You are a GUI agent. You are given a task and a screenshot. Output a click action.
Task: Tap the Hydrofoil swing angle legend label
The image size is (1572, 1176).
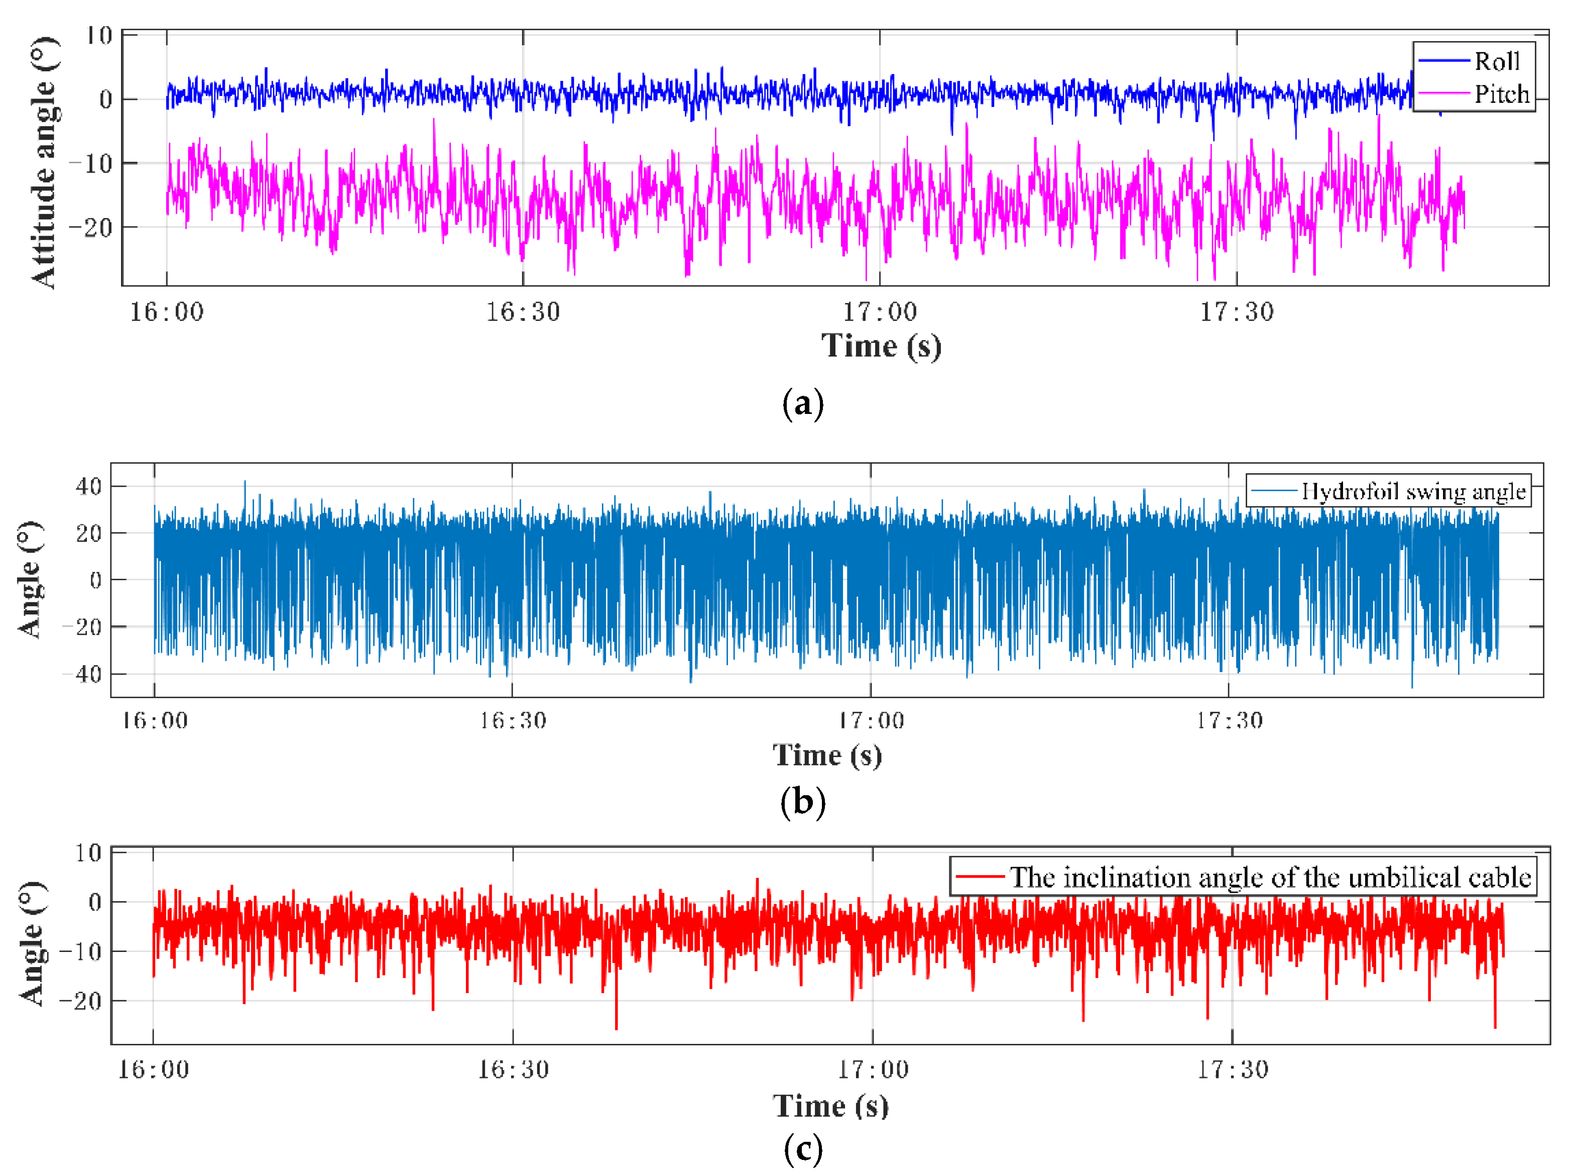point(1413,491)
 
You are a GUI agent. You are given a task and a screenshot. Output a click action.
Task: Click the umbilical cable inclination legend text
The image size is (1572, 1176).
point(1269,878)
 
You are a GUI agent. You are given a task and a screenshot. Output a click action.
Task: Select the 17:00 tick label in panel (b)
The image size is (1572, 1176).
point(871,721)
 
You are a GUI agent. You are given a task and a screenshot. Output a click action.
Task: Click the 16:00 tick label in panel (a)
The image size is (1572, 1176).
point(166,312)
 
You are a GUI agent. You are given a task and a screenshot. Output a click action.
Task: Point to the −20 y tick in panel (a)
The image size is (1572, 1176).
point(90,228)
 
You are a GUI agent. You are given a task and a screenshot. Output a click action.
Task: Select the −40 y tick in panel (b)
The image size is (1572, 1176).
point(83,674)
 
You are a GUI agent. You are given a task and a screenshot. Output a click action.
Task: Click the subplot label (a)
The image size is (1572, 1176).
point(802,404)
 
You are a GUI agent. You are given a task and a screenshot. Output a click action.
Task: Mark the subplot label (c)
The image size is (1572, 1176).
point(802,1148)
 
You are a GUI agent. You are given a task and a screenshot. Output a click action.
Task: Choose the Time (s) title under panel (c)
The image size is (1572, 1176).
point(830,1106)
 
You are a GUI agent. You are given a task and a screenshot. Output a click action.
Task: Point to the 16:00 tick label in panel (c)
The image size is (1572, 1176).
point(154,1070)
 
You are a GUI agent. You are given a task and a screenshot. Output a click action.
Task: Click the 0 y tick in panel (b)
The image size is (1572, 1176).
point(95,580)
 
